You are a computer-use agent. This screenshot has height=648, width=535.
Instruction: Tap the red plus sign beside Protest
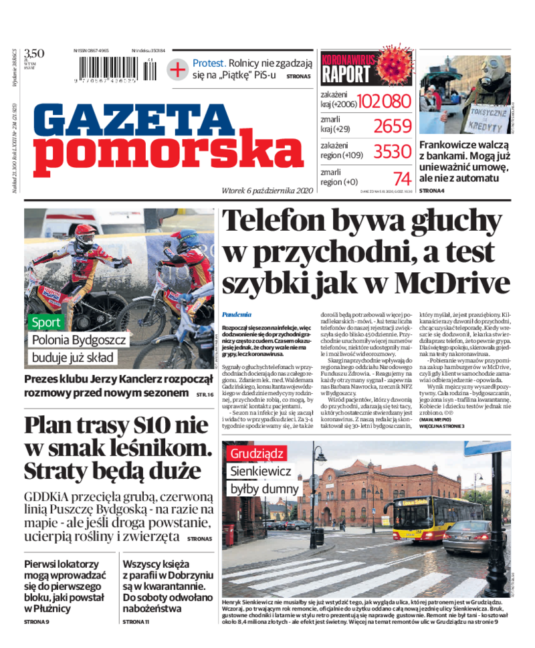[x=177, y=69]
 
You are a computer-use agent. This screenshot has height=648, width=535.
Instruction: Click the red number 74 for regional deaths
[x=402, y=179]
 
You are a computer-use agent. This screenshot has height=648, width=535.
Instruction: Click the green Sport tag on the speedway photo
[x=46, y=322]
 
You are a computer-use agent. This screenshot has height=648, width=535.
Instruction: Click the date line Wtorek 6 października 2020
[x=267, y=190]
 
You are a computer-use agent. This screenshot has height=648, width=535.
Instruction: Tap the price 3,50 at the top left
[x=33, y=53]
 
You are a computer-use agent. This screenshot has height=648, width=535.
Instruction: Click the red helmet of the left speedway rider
[x=84, y=233]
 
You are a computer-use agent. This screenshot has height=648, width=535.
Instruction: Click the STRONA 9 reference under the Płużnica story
[x=37, y=622]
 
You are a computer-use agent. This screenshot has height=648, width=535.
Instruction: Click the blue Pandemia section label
[x=237, y=314]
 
